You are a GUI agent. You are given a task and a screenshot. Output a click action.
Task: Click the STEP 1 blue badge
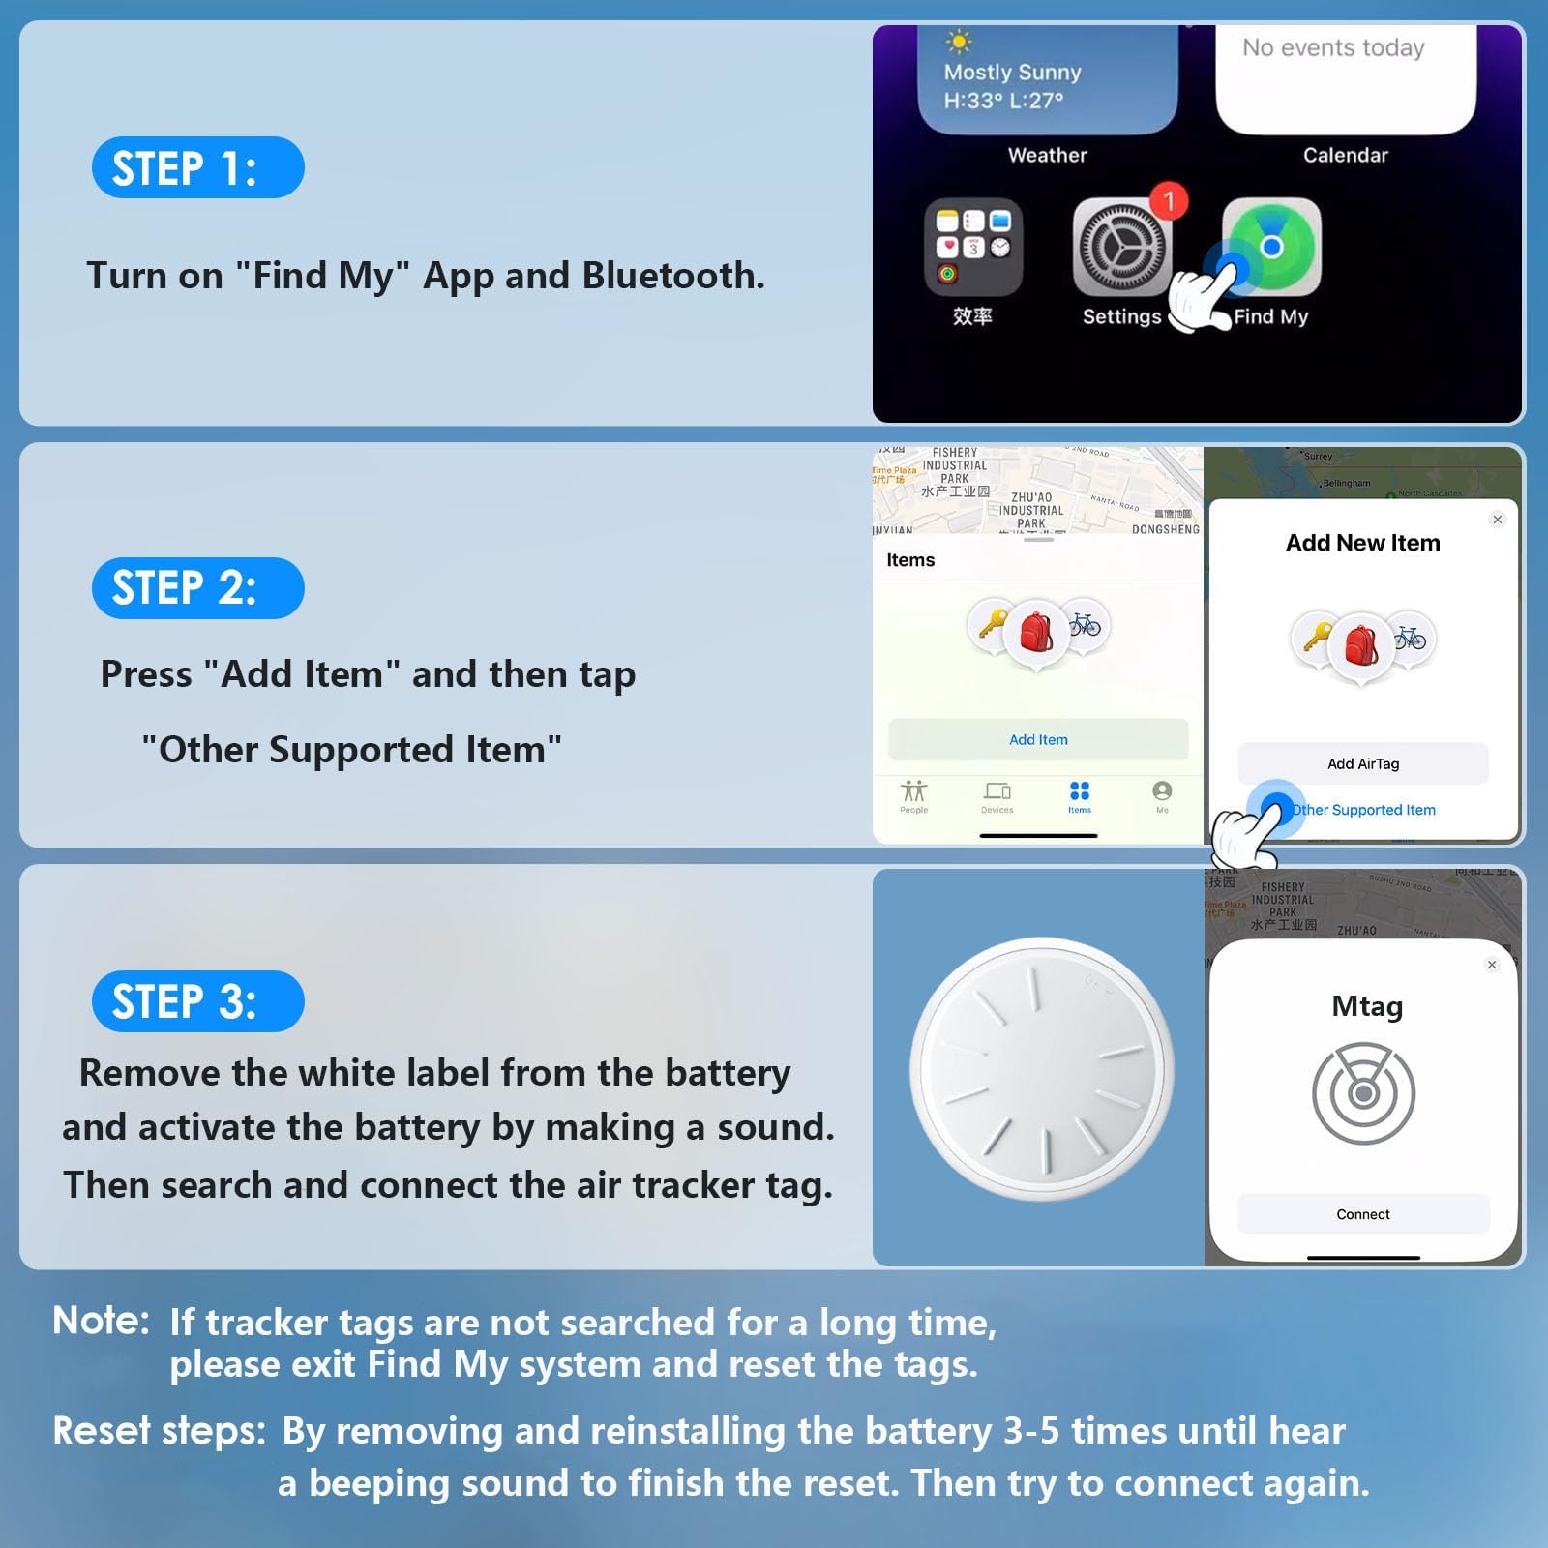coord(197,167)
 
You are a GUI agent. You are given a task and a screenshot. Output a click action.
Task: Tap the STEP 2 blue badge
coord(197,588)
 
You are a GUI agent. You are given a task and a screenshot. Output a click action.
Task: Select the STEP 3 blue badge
coord(197,1001)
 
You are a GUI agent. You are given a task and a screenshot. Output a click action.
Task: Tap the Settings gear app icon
coord(1121,248)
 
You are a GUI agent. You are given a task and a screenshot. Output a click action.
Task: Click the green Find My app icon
coord(1271,247)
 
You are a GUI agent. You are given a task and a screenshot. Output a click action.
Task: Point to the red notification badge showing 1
coord(1169,200)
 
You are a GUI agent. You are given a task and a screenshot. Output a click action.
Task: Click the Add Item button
coord(1038,739)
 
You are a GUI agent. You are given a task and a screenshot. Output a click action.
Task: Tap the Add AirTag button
coord(1363,763)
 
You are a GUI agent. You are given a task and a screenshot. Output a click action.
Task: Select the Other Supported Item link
coord(1363,810)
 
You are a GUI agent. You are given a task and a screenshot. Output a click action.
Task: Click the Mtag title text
coord(1366,1006)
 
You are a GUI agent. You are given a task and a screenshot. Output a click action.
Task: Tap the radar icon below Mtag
coord(1363,1093)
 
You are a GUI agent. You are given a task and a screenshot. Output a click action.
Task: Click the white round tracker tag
coord(1041,1069)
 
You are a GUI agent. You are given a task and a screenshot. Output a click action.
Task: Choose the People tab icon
coord(913,791)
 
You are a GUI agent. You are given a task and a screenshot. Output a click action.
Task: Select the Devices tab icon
coord(997,791)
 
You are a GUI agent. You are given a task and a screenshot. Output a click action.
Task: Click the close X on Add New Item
coord(1497,520)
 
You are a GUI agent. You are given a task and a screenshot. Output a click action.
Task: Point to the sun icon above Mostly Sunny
coord(958,41)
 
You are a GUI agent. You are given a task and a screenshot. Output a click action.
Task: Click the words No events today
coord(1333,47)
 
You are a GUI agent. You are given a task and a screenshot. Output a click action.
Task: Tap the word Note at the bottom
coord(101,1320)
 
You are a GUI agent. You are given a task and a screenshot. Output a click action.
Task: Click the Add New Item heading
coord(1362,543)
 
